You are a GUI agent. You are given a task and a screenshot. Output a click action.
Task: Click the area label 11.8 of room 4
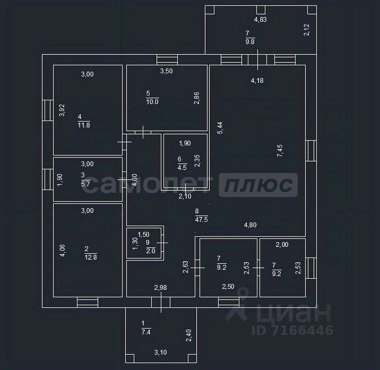(84, 125)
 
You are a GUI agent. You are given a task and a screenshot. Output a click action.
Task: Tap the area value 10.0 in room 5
(152, 102)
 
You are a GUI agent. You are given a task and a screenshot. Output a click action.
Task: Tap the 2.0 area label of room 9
(150, 252)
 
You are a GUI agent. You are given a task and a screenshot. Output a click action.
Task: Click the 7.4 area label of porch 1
(146, 332)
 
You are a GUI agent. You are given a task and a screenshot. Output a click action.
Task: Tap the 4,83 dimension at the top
(260, 20)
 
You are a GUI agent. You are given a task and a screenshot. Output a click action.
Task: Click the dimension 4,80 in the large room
(251, 225)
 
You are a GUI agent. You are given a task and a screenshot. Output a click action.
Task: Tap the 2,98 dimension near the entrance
(161, 288)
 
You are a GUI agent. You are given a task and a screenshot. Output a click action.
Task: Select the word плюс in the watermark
(258, 185)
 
